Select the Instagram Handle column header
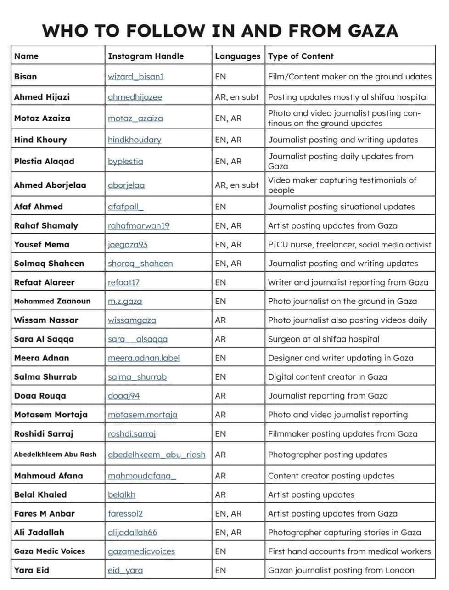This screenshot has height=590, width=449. (146, 56)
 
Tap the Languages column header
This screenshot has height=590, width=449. (237, 56)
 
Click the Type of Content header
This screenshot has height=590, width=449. (301, 56)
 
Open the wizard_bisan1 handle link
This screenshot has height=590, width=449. (135, 77)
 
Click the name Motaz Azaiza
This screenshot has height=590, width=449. (42, 118)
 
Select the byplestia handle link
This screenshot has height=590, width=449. (125, 161)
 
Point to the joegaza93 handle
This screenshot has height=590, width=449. (128, 244)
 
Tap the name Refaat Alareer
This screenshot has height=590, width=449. (44, 282)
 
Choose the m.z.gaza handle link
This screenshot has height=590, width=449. (125, 301)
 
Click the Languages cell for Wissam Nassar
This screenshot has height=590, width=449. (220, 320)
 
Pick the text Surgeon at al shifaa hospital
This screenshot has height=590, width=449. (324, 339)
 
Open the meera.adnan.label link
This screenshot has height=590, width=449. (144, 358)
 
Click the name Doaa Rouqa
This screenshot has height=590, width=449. (40, 396)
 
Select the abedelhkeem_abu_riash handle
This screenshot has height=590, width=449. (157, 455)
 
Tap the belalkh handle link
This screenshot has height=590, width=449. (122, 494)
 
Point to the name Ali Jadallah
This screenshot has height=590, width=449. (39, 532)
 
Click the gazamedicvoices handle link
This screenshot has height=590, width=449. (141, 551)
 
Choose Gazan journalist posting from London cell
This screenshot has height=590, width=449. (341, 570)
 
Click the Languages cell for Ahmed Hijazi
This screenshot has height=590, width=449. (237, 97)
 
